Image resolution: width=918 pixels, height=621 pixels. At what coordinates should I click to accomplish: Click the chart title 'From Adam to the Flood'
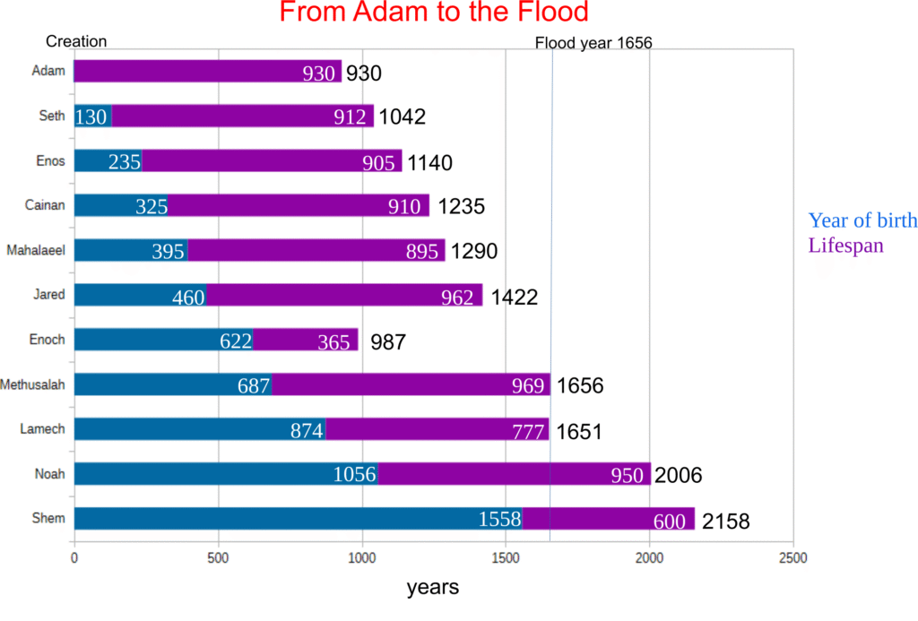click(434, 13)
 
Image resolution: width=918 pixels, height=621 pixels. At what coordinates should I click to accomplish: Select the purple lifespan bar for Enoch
click(305, 340)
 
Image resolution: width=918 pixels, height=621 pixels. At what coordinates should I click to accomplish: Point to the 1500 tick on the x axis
click(506, 557)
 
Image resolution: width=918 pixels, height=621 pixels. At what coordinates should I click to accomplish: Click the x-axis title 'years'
click(433, 588)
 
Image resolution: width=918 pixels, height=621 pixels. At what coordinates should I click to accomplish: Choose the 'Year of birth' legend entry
click(862, 220)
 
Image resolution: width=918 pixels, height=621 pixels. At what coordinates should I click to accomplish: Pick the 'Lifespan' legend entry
click(845, 245)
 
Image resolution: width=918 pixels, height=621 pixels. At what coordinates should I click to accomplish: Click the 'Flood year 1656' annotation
click(593, 42)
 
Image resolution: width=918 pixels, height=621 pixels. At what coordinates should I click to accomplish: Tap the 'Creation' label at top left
click(76, 41)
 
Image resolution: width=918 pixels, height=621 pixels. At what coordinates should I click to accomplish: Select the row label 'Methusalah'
click(33, 384)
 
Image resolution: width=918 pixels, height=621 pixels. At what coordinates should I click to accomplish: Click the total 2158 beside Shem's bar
click(725, 521)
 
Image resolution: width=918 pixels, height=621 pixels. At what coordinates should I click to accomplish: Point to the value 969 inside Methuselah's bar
click(528, 386)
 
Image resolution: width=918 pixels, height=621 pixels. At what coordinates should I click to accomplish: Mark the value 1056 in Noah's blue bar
click(355, 475)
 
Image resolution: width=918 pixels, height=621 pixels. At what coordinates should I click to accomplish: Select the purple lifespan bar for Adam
click(207, 72)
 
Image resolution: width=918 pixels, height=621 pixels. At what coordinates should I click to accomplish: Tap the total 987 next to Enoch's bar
click(387, 341)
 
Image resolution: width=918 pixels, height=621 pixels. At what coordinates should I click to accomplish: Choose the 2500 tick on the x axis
click(793, 557)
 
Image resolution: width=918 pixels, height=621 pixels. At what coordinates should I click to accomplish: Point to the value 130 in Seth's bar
click(91, 117)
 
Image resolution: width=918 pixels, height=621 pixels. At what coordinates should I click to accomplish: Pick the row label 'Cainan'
click(44, 205)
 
